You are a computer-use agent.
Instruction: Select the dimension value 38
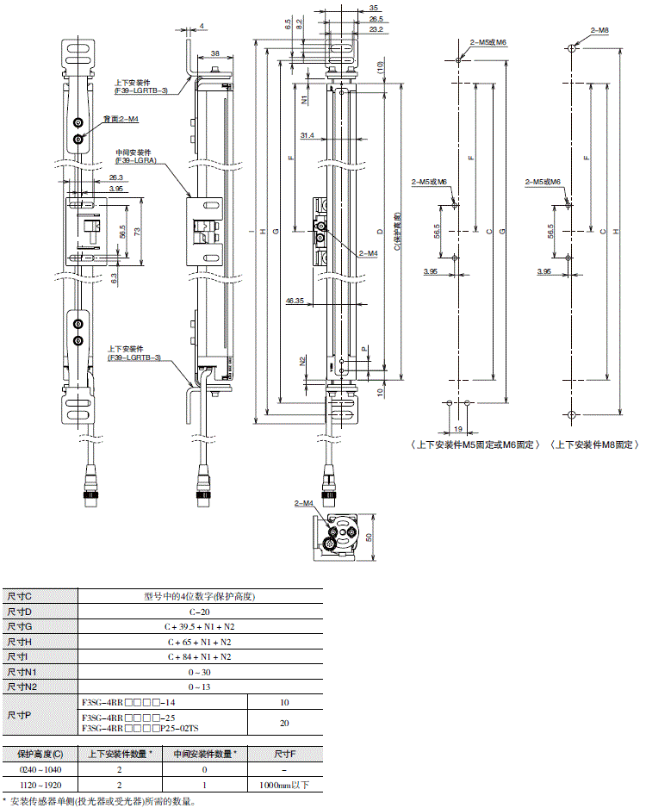[215, 53]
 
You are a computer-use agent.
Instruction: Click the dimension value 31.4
[307, 135]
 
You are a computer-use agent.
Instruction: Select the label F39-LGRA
[135, 160]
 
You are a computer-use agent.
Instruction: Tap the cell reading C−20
[200, 611]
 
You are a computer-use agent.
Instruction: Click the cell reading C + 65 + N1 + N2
[200, 642]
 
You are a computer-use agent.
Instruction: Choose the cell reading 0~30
[200, 673]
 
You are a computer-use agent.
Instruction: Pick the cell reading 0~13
[200, 687]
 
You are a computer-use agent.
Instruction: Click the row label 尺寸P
[19, 715]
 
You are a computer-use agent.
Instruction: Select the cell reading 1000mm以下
[283, 785]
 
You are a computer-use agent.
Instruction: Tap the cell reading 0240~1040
[40, 769]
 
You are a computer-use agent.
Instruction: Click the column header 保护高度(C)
[40, 754]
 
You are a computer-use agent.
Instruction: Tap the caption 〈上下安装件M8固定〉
[594, 444]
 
